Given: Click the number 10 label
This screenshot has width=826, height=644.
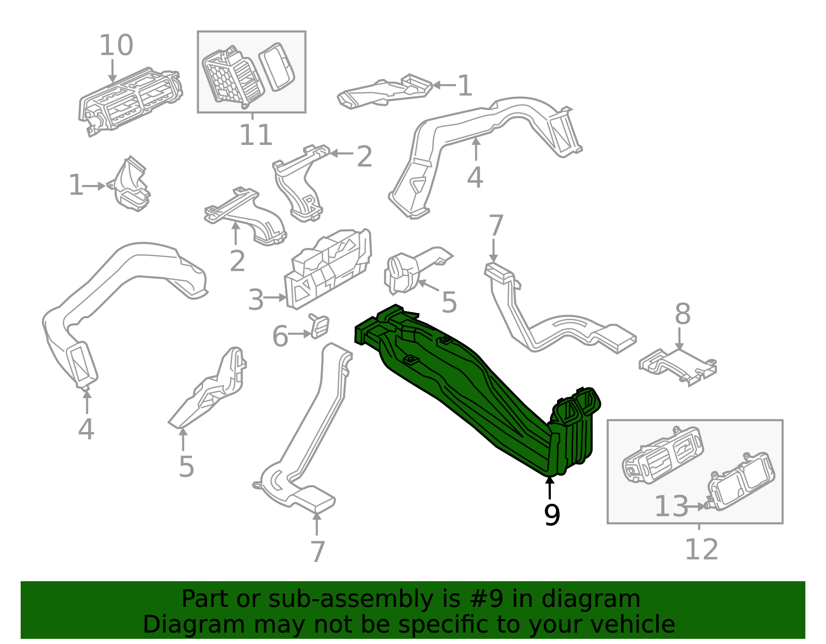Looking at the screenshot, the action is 116,45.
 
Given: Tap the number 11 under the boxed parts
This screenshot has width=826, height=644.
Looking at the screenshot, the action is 256,135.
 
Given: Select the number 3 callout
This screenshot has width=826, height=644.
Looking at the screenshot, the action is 256,300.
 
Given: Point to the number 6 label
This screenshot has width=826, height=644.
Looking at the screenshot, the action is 280,336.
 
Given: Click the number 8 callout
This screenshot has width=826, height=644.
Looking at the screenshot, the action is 682,314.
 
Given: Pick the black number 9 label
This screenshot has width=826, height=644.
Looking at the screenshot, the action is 552,515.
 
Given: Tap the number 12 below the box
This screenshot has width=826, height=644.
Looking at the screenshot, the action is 701,549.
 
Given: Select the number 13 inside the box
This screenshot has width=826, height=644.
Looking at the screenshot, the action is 671,506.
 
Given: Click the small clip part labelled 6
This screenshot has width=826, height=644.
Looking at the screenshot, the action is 319,326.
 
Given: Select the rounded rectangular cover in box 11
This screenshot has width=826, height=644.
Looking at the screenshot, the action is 277,67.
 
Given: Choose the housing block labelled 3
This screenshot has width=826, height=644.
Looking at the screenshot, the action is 328,269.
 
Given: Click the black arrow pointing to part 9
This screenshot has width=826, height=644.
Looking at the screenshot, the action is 550,488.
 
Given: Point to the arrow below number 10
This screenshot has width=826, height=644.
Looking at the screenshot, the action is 113,71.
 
